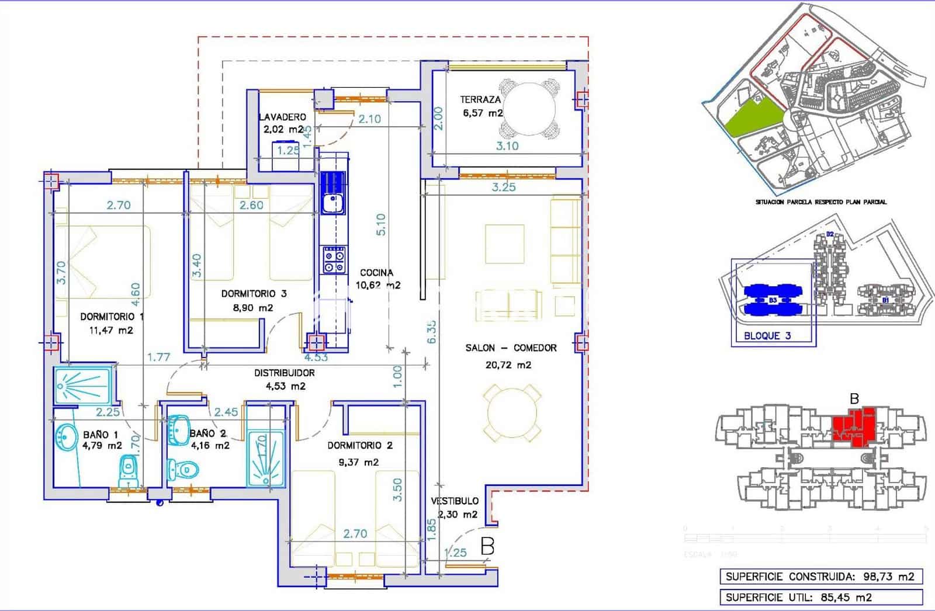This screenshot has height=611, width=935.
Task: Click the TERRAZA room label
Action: [x=480, y=100]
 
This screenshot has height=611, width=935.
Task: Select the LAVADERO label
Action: [x=282, y=117]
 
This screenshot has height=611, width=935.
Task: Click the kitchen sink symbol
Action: [x=333, y=204]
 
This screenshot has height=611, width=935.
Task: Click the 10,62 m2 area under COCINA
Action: [x=378, y=286]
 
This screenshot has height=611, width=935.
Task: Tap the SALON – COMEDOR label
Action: [x=511, y=348]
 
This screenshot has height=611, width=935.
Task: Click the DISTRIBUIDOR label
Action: [x=284, y=373]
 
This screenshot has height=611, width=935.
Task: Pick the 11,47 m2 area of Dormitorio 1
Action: [x=111, y=331]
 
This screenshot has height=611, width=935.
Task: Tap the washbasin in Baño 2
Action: [x=179, y=429]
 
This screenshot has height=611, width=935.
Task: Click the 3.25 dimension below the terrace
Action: [x=504, y=188]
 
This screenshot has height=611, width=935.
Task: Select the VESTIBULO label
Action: [x=455, y=501]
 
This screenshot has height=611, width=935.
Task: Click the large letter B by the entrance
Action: [x=487, y=546]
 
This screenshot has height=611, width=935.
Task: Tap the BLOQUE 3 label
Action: [x=767, y=336]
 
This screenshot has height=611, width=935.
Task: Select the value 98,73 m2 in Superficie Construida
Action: [x=889, y=577]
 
